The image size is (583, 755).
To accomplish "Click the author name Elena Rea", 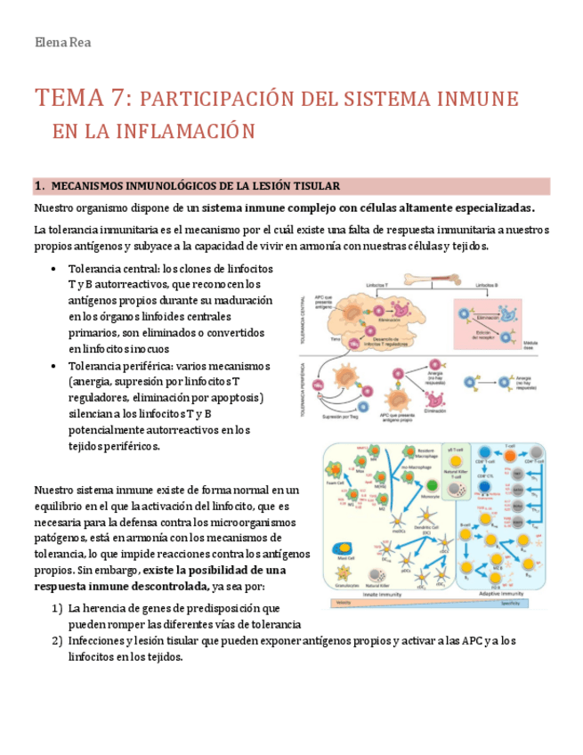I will [x=61, y=43].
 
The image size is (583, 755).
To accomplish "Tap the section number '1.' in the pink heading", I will [x=39, y=186].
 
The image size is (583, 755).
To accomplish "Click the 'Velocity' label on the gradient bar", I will [x=340, y=603].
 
